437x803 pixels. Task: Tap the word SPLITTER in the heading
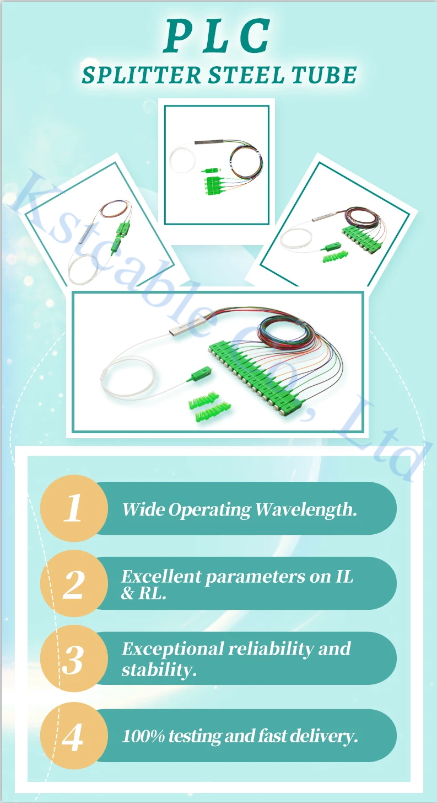[142, 75]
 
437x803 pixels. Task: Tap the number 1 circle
[74, 508]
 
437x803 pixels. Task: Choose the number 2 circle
[74, 583]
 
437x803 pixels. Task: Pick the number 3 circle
[74, 658]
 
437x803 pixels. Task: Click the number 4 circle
[74, 736]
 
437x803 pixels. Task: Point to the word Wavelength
[306, 509]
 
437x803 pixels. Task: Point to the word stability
[159, 669]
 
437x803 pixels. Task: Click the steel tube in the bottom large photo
[187, 326]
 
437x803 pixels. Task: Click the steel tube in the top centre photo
[209, 142]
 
